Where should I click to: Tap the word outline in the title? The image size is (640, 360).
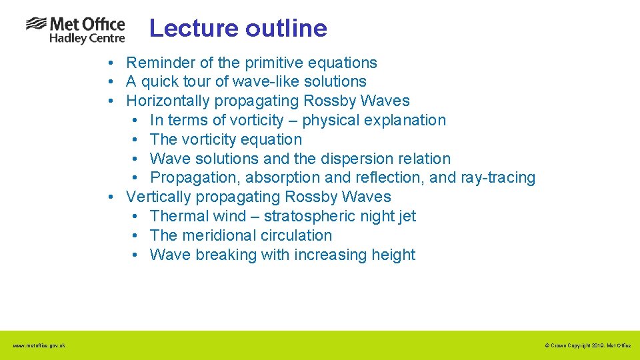pos(286,28)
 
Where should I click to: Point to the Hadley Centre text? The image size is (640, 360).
pos(87,39)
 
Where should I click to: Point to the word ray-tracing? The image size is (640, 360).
pos(498,178)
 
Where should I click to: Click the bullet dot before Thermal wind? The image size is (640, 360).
pos(135,217)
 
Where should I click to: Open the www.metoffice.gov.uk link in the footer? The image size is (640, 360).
pos(39,345)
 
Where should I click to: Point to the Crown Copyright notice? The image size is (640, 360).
pos(587,345)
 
